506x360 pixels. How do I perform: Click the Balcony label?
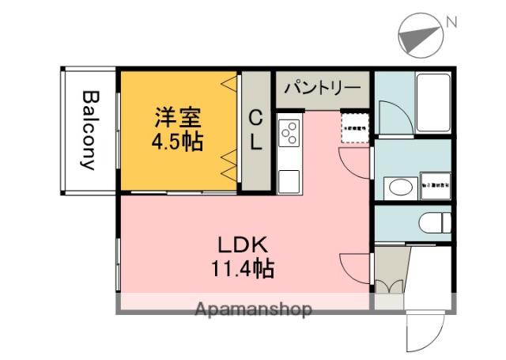tap(89, 131)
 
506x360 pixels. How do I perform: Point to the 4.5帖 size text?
tap(177, 142)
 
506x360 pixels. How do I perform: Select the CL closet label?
tap(256, 131)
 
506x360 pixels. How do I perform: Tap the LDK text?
tap(242, 244)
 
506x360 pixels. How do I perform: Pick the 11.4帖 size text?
tap(242, 269)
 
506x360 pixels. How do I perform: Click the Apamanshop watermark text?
tap(253, 309)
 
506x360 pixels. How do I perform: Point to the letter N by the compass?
tap(451, 23)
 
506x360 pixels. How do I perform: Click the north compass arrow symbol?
tap(419, 36)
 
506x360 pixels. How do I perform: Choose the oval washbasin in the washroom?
tap(398, 188)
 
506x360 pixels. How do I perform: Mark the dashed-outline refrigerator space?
tap(355, 129)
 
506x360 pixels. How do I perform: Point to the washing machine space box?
tap(434, 184)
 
